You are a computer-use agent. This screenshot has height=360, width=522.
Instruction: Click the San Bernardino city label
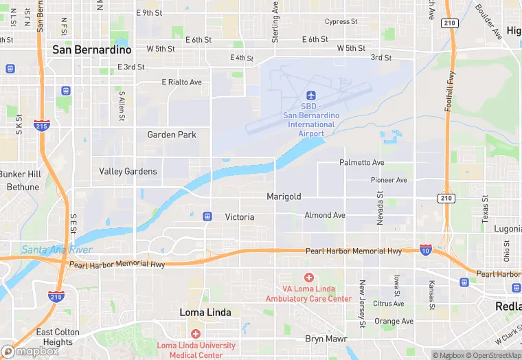coord(92,50)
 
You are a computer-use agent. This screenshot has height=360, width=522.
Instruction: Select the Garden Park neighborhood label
coord(172,135)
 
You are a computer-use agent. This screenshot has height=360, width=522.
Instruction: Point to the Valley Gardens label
coord(128,171)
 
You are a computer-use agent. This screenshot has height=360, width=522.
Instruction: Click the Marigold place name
coord(284,196)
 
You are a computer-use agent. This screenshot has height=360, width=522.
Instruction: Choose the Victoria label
coord(240,217)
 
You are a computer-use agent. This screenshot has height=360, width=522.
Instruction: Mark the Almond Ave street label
coord(325,215)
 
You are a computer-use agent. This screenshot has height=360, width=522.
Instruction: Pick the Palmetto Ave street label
coord(362,163)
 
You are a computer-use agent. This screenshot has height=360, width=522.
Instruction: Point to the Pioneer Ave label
coord(389,180)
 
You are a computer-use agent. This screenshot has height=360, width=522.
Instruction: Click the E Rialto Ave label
coord(182,82)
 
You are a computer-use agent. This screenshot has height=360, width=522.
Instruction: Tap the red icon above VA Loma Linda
coord(308,277)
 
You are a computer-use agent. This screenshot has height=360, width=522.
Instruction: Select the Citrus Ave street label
coord(389,303)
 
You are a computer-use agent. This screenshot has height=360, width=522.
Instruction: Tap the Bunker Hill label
coord(21,174)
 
